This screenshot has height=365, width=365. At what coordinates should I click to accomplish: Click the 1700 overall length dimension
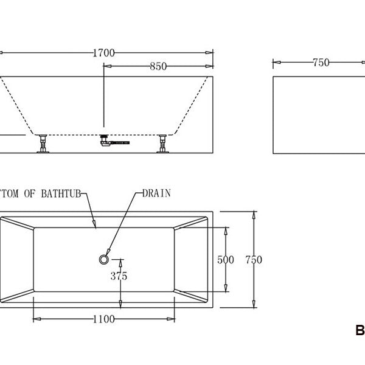(103, 53)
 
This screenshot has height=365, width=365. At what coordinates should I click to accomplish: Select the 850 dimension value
(158, 66)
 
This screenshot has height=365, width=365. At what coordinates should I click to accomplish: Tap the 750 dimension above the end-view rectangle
(321, 62)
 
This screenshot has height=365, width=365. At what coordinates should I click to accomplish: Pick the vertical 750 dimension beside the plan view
(254, 260)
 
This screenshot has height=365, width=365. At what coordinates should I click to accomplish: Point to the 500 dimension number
(226, 260)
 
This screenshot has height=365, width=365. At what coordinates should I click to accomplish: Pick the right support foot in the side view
(163, 145)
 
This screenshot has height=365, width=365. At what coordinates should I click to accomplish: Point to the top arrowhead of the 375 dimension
(120, 262)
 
